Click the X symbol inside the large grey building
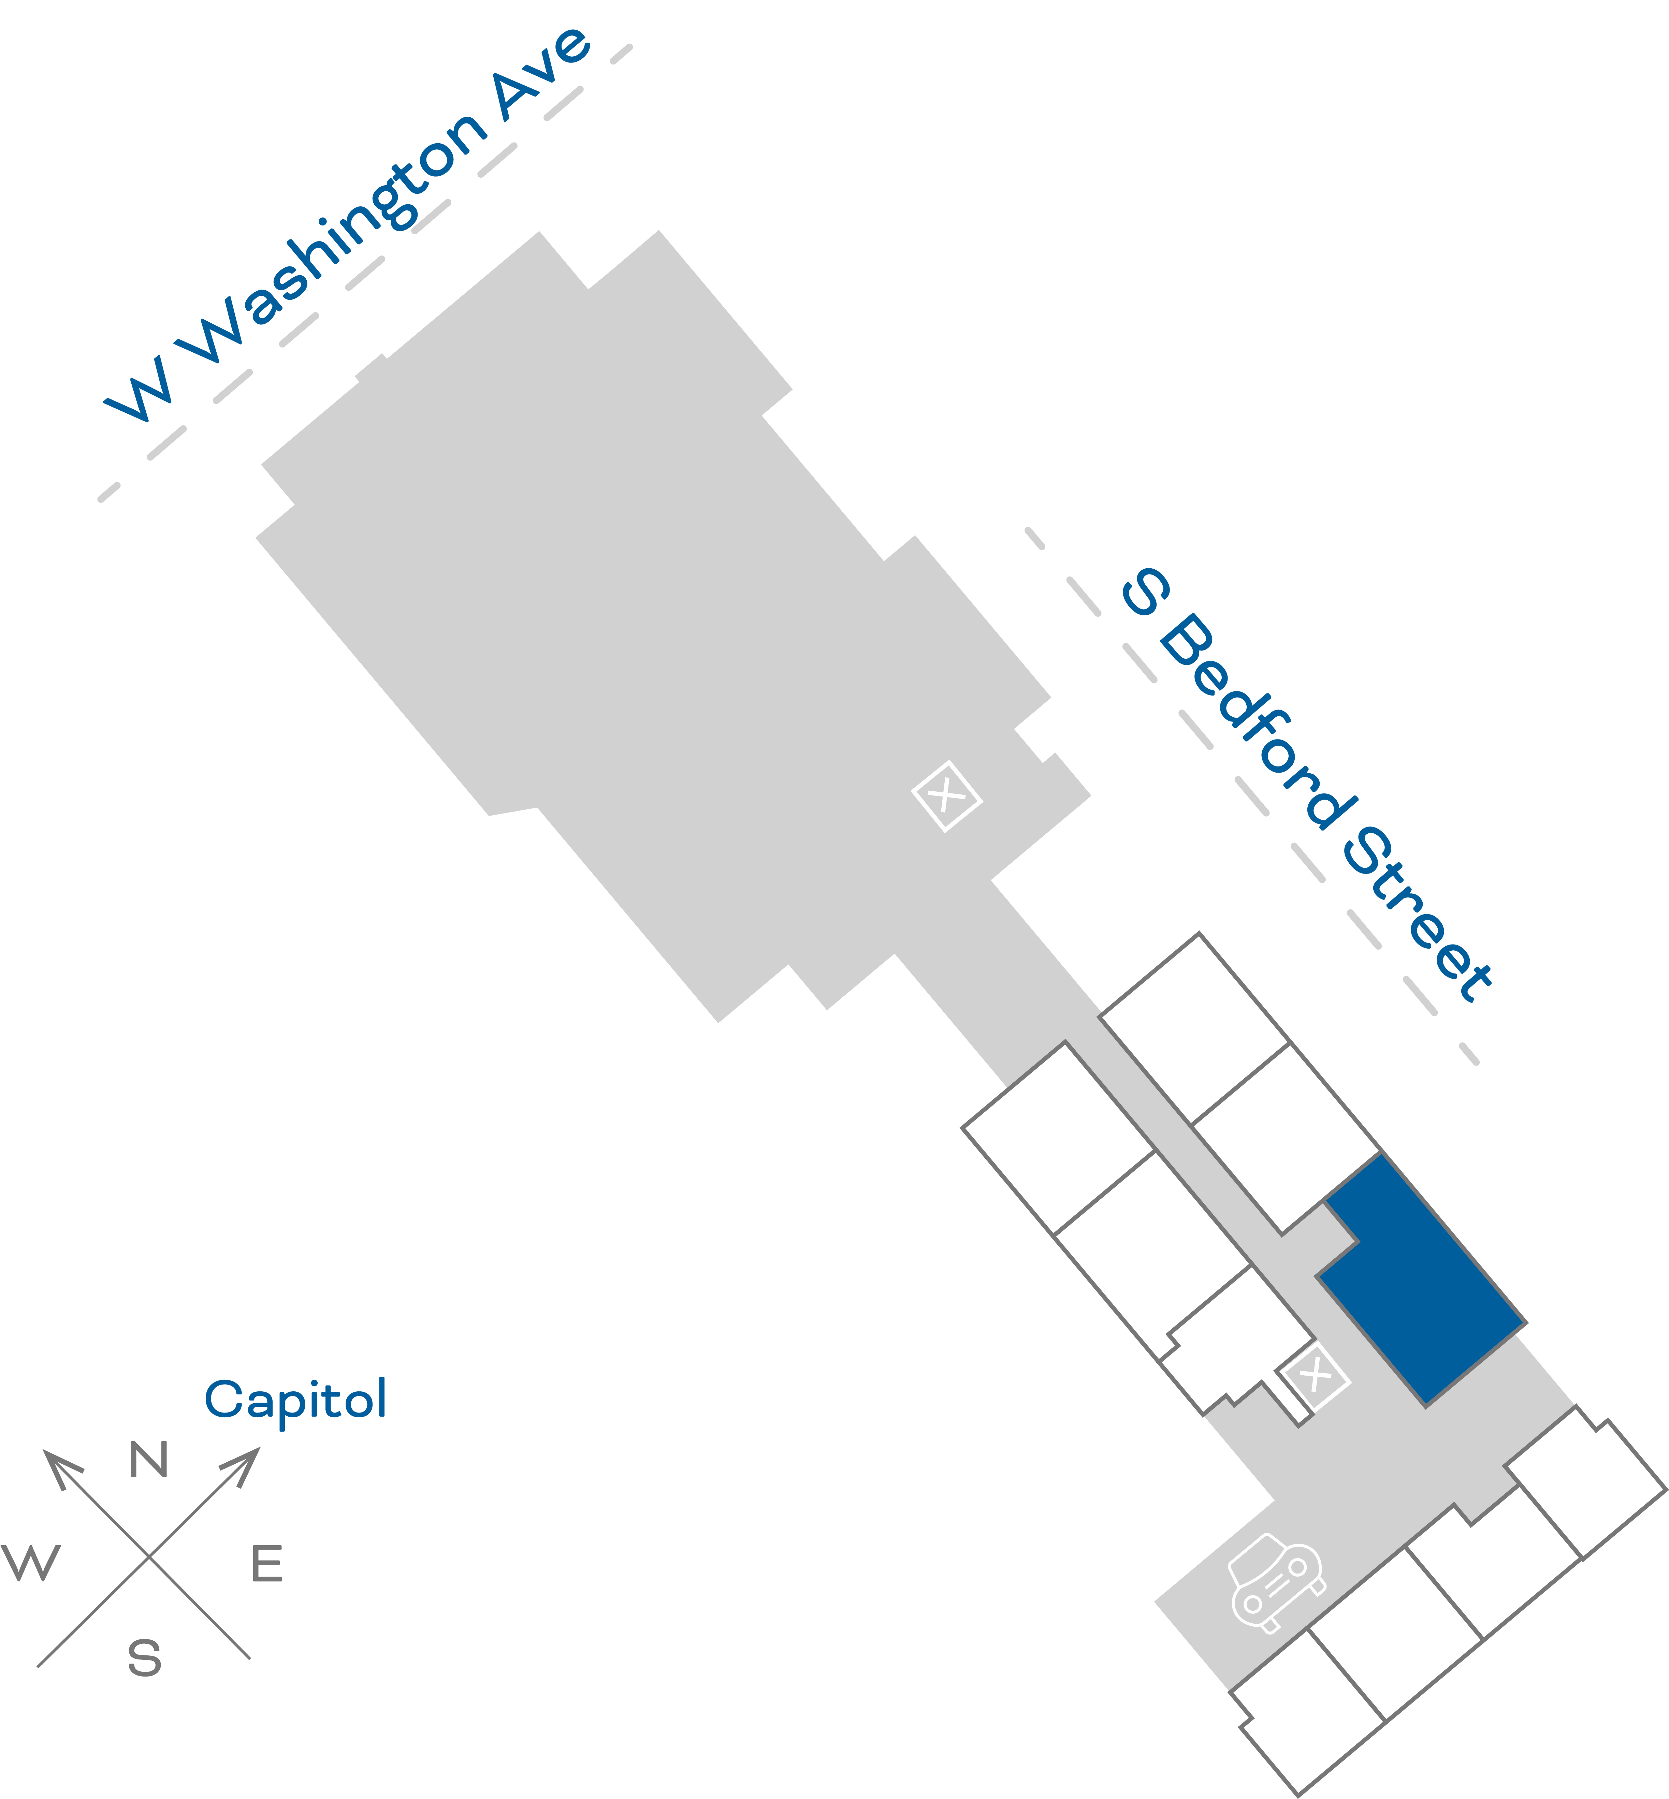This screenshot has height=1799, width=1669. tap(946, 796)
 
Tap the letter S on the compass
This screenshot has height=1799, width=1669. tap(145, 1658)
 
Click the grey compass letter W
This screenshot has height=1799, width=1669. tap(32, 1562)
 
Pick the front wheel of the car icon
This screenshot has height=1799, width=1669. tap(1253, 1604)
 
